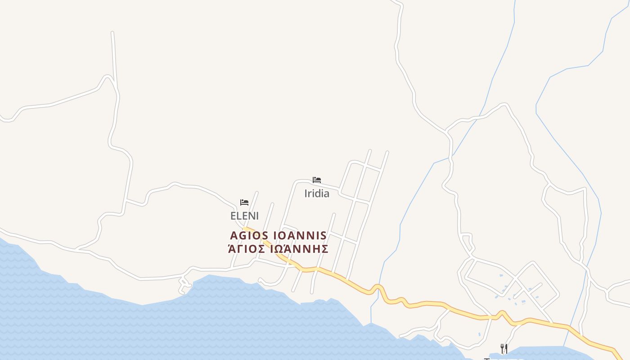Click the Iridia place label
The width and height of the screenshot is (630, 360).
tap(317, 193)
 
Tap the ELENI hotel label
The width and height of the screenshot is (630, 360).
tap(244, 216)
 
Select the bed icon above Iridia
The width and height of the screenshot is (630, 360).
tap(317, 180)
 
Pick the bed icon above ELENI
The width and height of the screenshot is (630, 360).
tap(244, 202)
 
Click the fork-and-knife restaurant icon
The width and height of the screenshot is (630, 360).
tap(504, 348)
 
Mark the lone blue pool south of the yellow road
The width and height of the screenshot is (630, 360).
tap(479, 334)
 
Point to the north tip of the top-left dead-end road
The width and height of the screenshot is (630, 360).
tap(112, 32)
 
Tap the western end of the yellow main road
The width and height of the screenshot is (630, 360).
tap(244, 229)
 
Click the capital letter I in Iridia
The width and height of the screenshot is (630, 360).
tap(306, 193)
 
